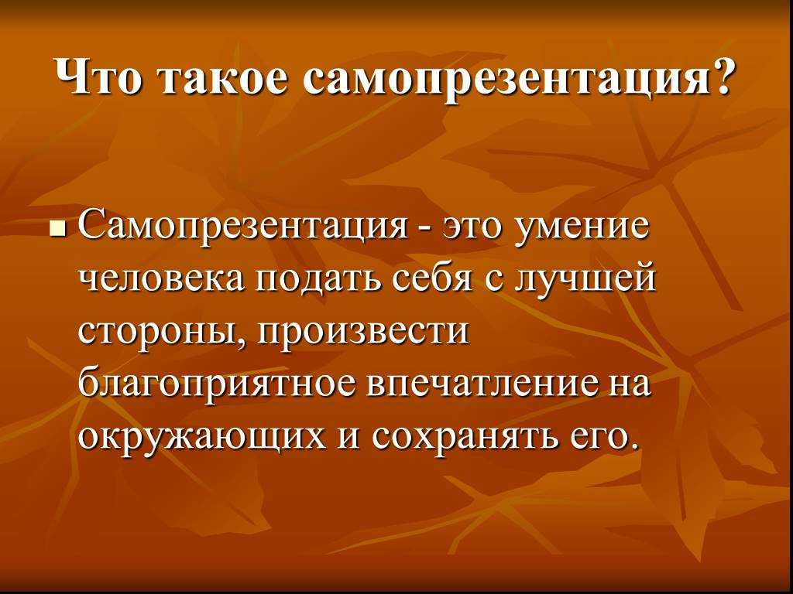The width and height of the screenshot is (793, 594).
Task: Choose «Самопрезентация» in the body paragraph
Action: (243, 226)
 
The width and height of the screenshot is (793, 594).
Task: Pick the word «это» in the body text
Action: (472, 227)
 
